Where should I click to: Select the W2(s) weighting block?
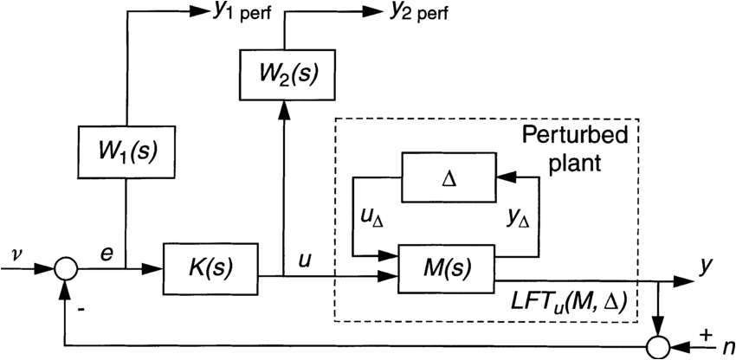(x=285, y=74)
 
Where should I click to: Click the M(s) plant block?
(x=445, y=268)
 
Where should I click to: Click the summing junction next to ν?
(x=66, y=269)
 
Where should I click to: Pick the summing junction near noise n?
(x=659, y=348)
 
